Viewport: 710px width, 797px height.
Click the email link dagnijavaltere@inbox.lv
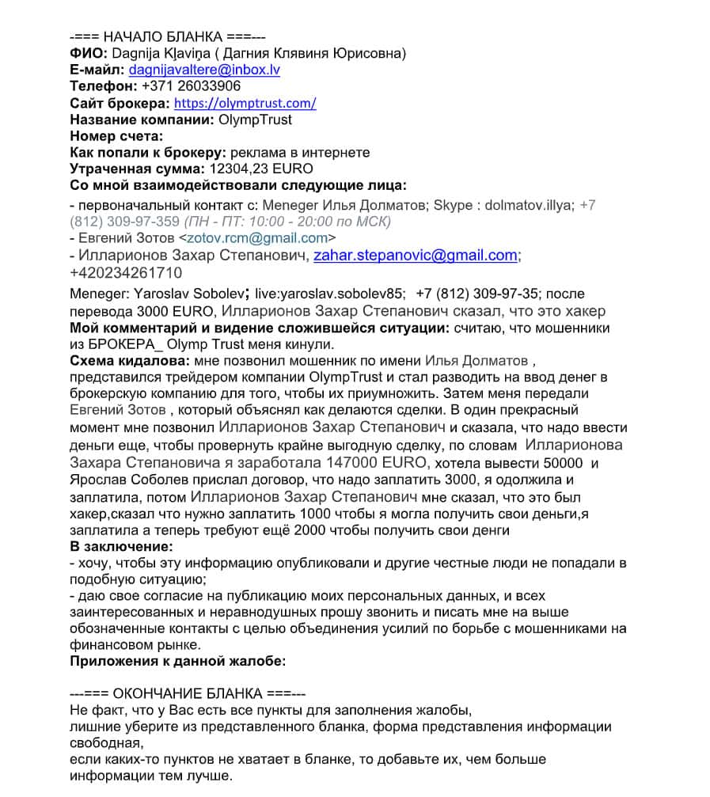[x=204, y=70]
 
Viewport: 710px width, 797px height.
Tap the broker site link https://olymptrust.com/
[x=245, y=103]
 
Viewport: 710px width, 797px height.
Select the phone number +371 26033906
[x=191, y=86]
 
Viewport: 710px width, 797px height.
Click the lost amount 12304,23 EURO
[x=260, y=169]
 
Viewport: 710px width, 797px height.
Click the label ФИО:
[x=89, y=53]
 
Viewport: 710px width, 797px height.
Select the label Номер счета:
[x=116, y=136]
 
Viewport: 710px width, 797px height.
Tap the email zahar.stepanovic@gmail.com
[x=416, y=256]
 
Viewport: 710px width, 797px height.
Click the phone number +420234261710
[x=126, y=273]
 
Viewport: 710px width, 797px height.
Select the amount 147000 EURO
[x=374, y=462]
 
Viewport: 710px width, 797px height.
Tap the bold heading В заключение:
[x=121, y=546]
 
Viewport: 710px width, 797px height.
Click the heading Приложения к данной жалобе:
[x=177, y=661]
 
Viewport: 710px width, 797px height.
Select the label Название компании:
[x=139, y=120]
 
